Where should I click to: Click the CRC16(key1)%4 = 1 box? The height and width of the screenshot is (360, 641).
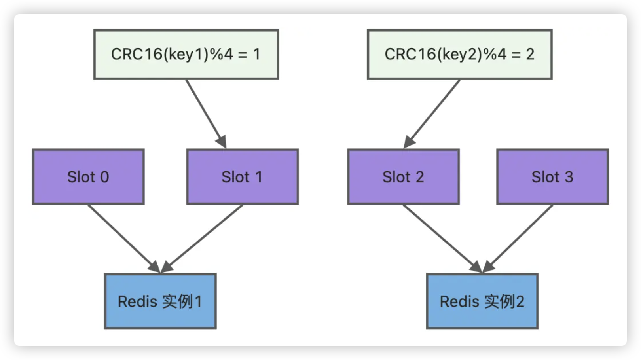click(x=186, y=55)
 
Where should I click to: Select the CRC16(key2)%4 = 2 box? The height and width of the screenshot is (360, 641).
click(x=459, y=55)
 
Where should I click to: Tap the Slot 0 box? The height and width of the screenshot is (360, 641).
click(x=88, y=177)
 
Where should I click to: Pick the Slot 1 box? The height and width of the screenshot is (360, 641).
click(x=242, y=177)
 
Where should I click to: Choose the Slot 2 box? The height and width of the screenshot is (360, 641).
click(x=403, y=177)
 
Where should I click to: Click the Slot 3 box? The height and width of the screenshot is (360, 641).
click(x=552, y=177)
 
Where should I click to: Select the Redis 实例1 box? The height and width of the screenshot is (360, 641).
click(x=160, y=301)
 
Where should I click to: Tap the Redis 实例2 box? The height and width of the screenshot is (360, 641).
click(x=482, y=301)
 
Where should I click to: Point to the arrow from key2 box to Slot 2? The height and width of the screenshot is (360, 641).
click(x=432, y=114)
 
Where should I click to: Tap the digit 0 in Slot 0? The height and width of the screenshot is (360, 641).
click(x=104, y=177)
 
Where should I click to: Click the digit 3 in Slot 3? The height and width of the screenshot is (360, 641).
click(x=569, y=177)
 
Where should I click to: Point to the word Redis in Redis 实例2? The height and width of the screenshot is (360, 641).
click(x=459, y=302)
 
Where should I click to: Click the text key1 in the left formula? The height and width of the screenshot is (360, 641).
click(x=185, y=55)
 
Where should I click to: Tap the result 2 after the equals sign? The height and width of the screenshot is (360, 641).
click(x=530, y=54)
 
